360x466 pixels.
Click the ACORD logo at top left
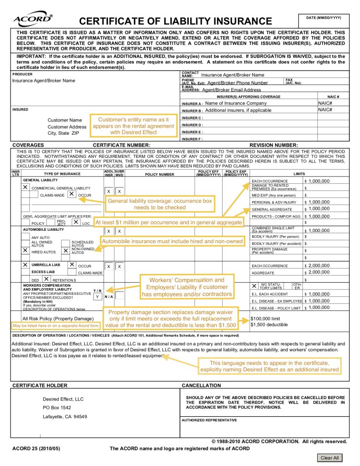pos(33,20)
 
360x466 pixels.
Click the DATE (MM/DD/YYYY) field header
pos(324,17)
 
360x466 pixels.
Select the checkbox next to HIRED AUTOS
pos(25,250)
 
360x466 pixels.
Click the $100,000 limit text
pos(265,319)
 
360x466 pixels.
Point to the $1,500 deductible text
pos(269,325)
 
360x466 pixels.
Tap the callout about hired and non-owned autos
pos(172,241)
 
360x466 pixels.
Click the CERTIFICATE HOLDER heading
pos(40,385)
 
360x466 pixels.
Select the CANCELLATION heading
pos(201,385)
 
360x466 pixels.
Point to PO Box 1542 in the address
pos(57,408)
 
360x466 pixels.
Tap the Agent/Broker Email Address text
pos(231,90)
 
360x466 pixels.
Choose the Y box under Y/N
pos(97,296)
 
